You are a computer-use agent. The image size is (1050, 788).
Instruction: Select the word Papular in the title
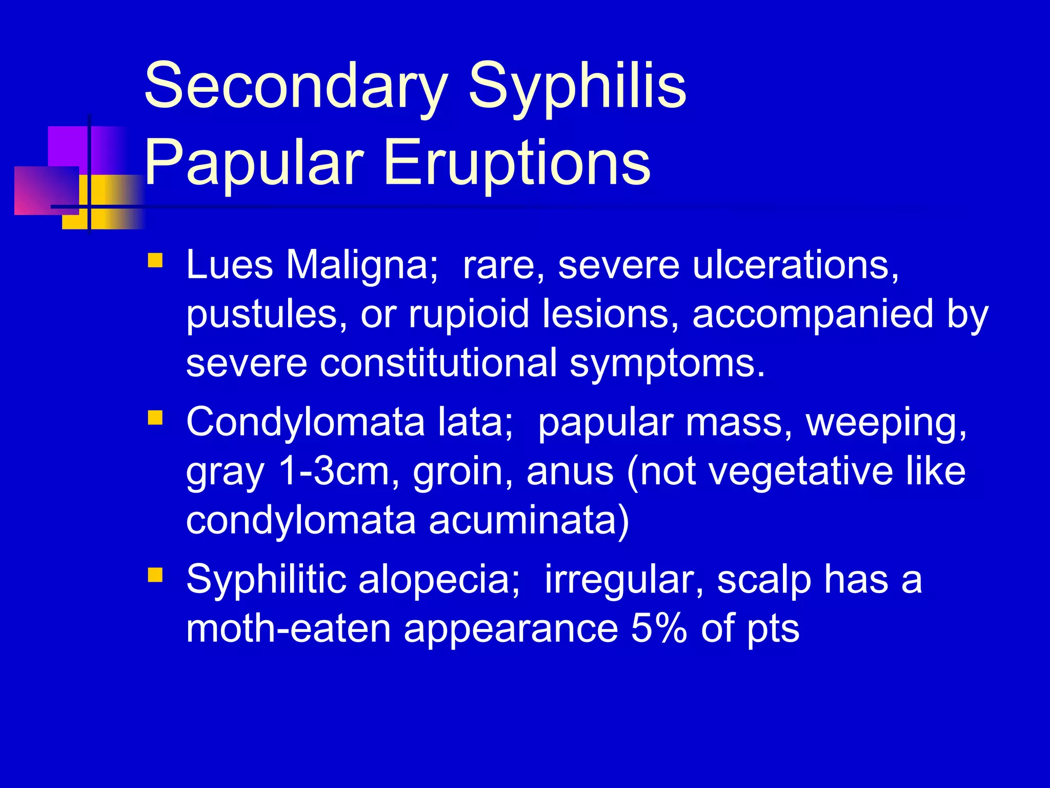tap(254, 163)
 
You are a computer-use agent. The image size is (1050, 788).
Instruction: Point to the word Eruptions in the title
tap(517, 163)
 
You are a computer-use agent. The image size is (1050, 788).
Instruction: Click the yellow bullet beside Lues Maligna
tap(155, 261)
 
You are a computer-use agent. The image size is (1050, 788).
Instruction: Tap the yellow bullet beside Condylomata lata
tap(155, 418)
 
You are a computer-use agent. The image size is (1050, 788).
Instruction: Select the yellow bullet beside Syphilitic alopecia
tap(155, 575)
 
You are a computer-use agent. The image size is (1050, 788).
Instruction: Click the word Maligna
tap(362, 265)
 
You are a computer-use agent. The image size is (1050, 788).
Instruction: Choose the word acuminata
tap(529, 520)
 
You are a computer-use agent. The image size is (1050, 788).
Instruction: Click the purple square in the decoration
tap(69, 147)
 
